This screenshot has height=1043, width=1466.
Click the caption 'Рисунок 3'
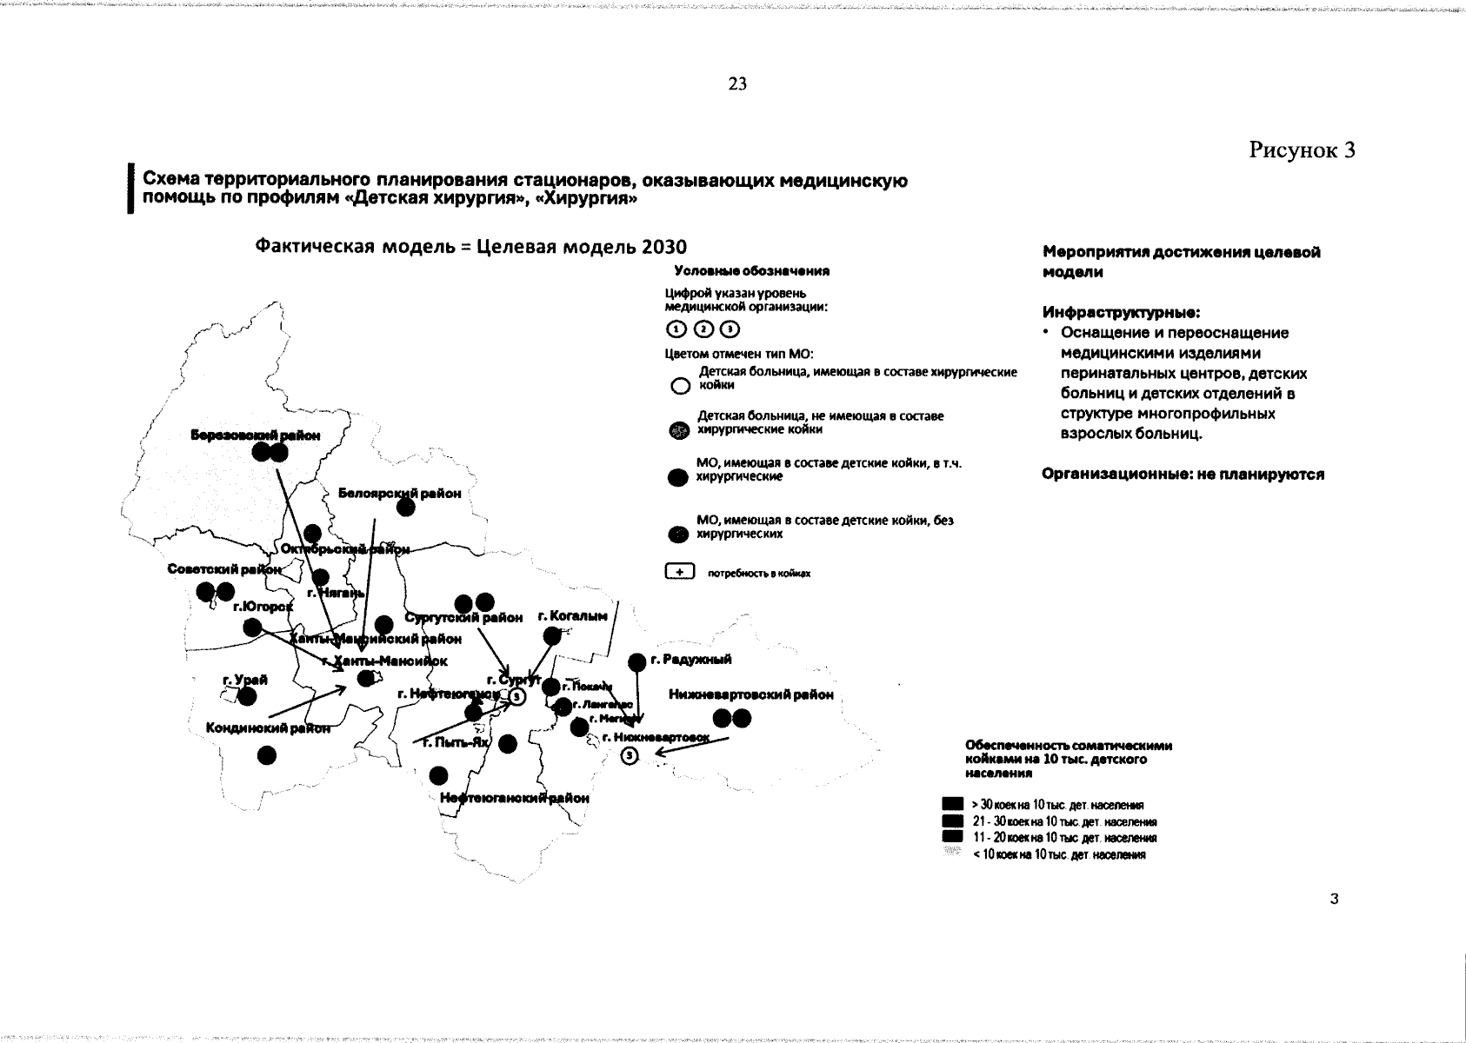pos(1303,150)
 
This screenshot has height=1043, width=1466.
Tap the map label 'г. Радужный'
pos(696,660)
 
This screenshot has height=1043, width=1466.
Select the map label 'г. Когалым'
pos(573,616)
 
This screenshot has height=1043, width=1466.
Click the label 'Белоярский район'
pos(399,494)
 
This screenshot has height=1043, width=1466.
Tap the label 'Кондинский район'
pos(268,728)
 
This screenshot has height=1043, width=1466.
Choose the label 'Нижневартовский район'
pos(751,694)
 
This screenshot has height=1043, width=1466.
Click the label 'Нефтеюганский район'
pos(515,798)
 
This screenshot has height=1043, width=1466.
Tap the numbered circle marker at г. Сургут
pos(516,697)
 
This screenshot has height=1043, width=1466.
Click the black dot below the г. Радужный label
pos(636,662)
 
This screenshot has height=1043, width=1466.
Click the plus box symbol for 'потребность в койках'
pos(679,572)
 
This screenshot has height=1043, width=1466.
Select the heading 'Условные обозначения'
pos(752,270)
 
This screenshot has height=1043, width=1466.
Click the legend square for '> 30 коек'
pos(954,804)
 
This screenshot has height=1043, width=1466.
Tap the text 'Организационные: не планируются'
pos(1183,475)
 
